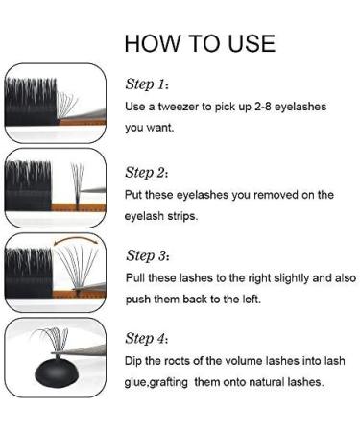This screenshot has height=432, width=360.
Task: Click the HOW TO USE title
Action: click(200, 43)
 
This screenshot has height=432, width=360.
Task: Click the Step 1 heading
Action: click(147, 84)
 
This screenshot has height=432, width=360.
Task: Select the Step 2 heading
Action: click(147, 173)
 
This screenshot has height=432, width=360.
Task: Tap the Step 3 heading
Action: click(148, 255)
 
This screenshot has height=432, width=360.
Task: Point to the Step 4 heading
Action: click(147, 338)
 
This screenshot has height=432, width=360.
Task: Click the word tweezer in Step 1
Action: click(179, 107)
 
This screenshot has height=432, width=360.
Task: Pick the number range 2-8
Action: click(263, 107)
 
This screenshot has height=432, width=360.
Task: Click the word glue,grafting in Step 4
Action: click(156, 382)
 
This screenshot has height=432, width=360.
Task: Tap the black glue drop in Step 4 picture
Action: click(57, 372)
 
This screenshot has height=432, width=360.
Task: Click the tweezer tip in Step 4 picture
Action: click(55, 353)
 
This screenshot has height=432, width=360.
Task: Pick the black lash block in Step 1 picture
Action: click(31, 102)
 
